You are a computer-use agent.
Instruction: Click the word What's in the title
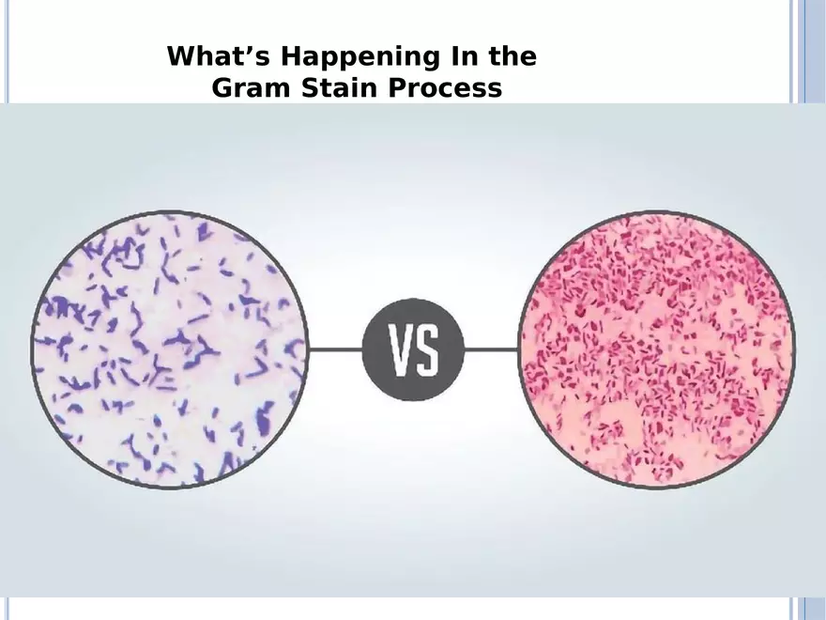(219, 55)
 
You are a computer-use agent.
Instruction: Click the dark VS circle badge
(414, 349)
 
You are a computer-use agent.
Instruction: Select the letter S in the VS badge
(427, 350)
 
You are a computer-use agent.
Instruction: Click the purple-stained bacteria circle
(170, 349)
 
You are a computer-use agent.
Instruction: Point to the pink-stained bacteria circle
(657, 349)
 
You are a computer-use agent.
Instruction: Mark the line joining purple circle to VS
(336, 349)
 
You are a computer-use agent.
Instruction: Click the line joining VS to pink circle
(492, 349)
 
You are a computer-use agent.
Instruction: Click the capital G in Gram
(222, 87)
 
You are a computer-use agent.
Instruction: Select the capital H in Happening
(291, 55)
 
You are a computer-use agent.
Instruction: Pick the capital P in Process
(398, 87)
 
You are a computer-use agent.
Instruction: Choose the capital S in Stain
(311, 87)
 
